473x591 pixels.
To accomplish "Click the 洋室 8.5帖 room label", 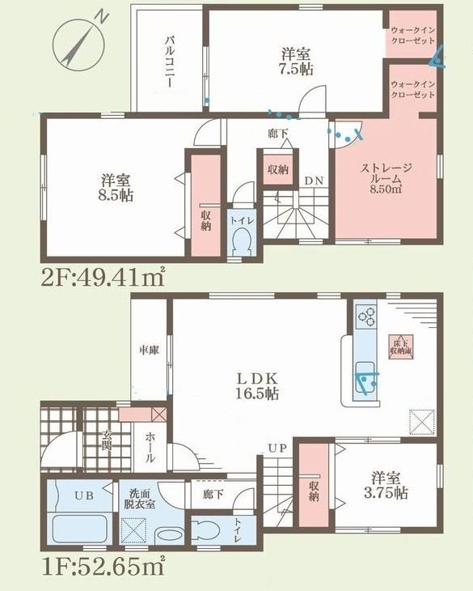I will click(117, 187).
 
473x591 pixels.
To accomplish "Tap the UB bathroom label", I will click(83, 495).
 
